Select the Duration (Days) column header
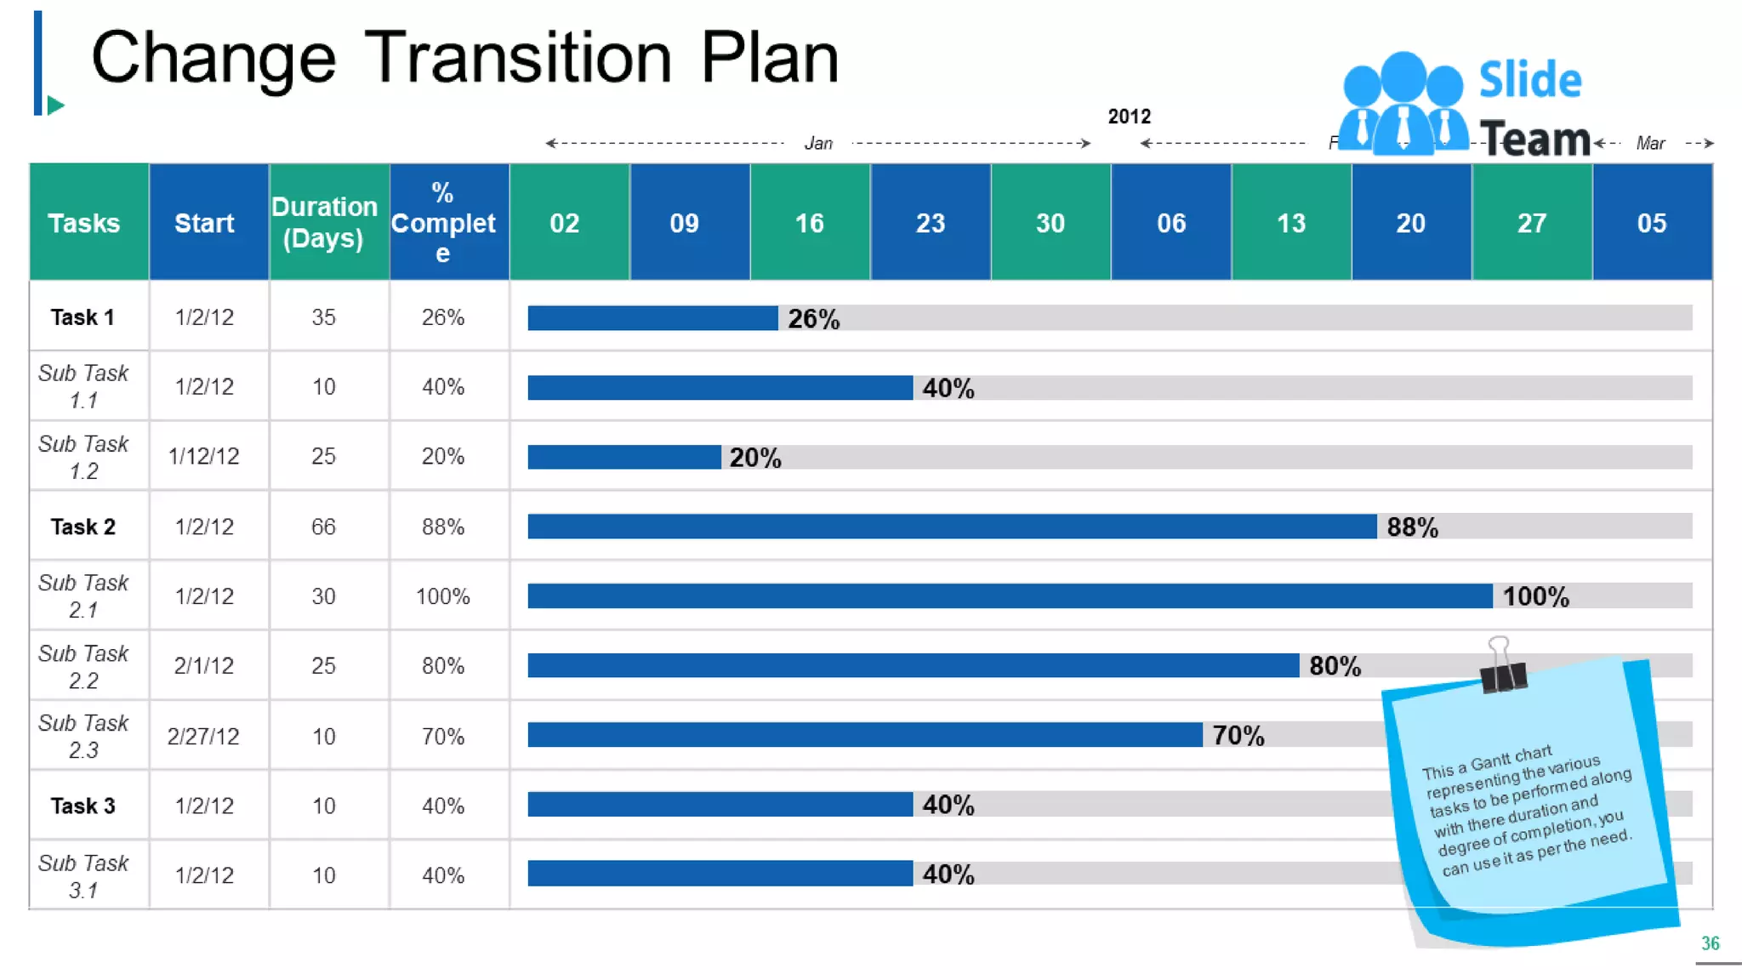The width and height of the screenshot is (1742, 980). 324,222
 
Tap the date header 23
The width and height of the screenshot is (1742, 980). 930,223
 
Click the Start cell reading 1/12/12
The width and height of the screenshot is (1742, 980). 204,457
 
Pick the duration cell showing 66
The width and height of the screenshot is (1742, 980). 323,527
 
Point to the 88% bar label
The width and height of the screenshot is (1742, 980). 1412,527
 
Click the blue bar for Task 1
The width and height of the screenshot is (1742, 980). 652,318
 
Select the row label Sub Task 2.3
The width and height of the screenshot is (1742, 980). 83,736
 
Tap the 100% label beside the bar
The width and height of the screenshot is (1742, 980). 1535,596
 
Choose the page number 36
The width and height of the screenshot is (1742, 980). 1710,943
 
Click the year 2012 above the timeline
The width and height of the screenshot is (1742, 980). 1129,117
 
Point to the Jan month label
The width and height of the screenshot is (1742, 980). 818,143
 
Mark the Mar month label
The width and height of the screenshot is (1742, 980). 1650,143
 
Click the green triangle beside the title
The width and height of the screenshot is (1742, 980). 55,105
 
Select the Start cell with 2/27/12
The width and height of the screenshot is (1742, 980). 203,736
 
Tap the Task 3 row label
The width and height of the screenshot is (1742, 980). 83,806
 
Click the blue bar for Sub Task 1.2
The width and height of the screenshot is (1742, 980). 623,457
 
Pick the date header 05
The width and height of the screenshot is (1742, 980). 1651,223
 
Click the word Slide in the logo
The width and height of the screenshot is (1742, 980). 1529,80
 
